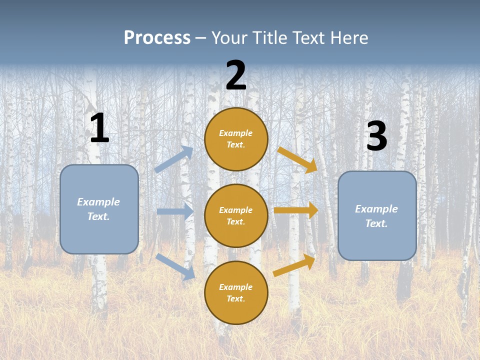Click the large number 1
[x=99, y=128]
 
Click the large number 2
[x=236, y=75]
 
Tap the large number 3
[x=376, y=136]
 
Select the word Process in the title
[x=157, y=37]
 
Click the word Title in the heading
[x=270, y=37]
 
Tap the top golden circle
[x=236, y=139]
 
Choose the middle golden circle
[x=236, y=215]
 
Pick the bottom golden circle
[x=236, y=292]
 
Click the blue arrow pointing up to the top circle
[x=174, y=159]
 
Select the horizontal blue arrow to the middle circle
[x=175, y=211]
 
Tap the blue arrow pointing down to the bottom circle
[x=175, y=266]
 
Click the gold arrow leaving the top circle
[x=297, y=160]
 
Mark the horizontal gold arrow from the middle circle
[x=295, y=210]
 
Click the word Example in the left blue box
[x=98, y=202]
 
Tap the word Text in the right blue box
[x=376, y=223]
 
